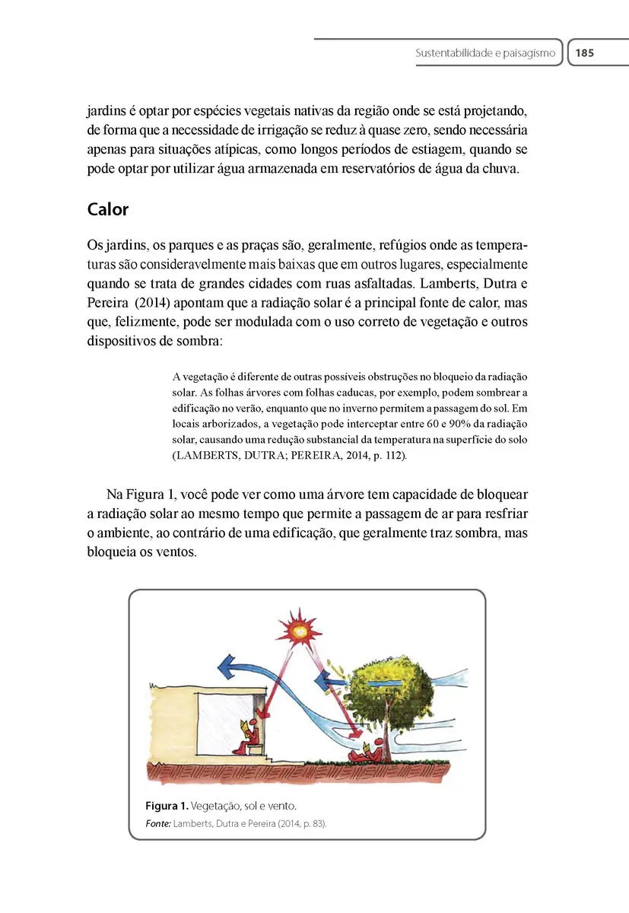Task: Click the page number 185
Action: tap(584, 53)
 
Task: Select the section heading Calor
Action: tap(108, 208)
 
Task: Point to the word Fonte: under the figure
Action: tap(157, 823)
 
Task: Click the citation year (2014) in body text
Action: tap(141, 302)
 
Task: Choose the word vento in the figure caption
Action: tap(279, 806)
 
